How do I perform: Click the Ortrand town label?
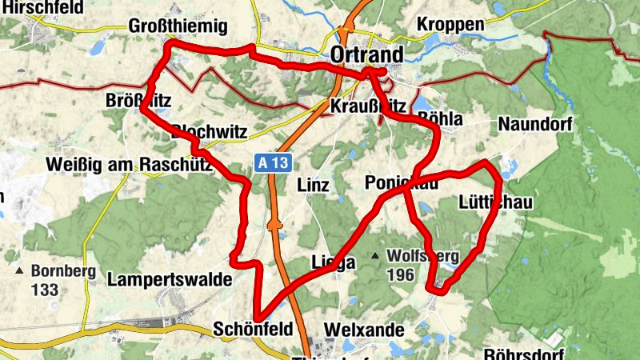(366, 54)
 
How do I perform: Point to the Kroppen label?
(450, 25)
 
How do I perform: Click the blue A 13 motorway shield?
(272, 162)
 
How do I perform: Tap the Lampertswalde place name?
(170, 280)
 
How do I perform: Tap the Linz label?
(313, 186)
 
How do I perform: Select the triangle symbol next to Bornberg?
(19, 271)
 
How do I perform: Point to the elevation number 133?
(45, 290)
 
